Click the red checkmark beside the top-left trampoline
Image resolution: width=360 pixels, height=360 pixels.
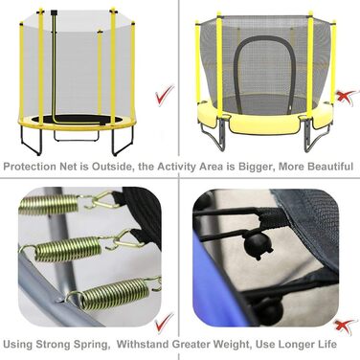[165, 95]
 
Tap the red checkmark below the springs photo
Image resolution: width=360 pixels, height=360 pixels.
[165, 322]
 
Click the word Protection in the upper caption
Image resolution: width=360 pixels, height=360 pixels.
[30, 167]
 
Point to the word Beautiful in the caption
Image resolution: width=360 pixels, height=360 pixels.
[330, 167]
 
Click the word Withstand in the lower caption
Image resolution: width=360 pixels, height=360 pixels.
[143, 345]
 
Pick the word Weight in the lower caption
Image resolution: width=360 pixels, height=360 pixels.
[233, 345]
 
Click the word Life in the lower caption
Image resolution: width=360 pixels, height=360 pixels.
[327, 345]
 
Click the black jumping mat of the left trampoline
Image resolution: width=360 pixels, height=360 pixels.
[78, 120]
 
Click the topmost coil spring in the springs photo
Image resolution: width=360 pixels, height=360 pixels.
[49, 205]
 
